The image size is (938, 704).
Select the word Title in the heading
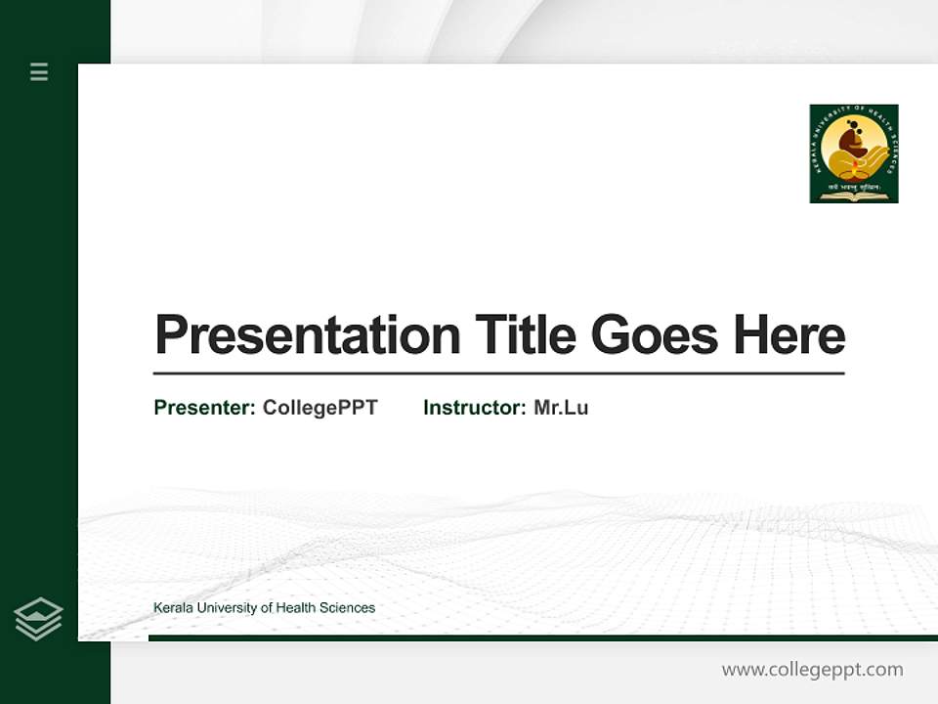click(x=525, y=336)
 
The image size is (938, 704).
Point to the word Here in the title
click(x=789, y=336)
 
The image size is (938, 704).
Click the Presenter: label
click(x=205, y=408)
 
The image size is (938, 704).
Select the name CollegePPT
click(x=320, y=408)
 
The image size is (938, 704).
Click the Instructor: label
click(x=475, y=408)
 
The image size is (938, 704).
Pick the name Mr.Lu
click(x=561, y=408)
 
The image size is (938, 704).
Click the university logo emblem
click(x=853, y=154)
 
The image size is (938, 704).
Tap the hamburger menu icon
click(x=39, y=71)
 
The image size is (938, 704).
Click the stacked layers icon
click(x=38, y=619)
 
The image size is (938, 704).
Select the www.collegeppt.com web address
click(x=812, y=670)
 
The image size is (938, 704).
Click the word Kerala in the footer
click(x=173, y=608)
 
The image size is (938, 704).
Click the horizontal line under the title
click(x=498, y=374)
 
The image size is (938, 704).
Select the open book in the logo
click(x=853, y=196)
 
